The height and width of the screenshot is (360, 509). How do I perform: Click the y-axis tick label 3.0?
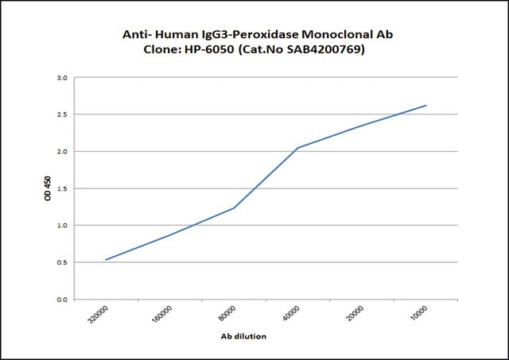pos(62,78)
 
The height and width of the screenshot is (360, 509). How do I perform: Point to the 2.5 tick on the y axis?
pos(62,114)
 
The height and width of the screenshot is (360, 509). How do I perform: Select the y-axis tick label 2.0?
pos(62,152)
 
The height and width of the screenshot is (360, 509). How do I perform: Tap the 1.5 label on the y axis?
pos(62,188)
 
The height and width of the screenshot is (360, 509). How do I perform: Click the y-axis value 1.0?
pos(62,225)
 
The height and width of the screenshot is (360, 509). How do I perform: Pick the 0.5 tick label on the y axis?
pos(62,262)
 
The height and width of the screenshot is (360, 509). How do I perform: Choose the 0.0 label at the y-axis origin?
pos(62,300)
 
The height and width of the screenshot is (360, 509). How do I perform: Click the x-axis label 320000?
pos(98,314)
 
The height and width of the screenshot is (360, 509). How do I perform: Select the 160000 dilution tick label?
pos(162,314)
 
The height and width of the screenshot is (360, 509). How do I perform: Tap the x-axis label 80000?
pos(227,313)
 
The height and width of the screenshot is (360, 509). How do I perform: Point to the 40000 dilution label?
pos(291,313)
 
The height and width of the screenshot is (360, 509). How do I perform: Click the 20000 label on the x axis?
pos(355,313)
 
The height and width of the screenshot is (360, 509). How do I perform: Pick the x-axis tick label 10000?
pos(419,313)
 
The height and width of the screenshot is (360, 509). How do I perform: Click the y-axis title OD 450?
pos(48,188)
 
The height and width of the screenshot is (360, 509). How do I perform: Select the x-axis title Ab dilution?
pos(243,336)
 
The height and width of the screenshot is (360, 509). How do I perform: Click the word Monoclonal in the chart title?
pos(337,34)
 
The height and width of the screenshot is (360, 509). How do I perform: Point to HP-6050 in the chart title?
pos(208,49)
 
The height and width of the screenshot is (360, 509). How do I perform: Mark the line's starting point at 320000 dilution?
pos(106,260)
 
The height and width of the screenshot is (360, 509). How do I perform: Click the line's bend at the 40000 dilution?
pos(297,148)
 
